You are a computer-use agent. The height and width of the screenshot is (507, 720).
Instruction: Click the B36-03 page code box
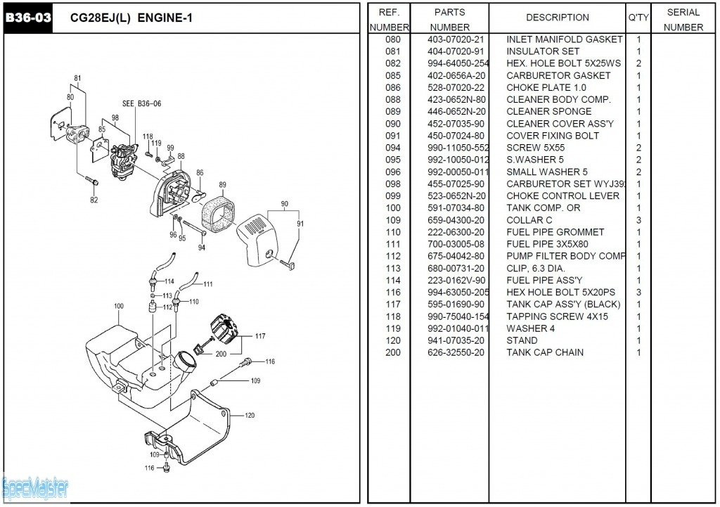(28, 18)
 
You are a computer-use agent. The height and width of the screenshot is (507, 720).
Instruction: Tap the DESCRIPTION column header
(557, 18)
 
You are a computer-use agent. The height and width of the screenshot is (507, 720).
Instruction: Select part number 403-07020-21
(456, 39)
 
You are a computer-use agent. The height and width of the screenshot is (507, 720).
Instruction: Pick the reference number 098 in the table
(392, 184)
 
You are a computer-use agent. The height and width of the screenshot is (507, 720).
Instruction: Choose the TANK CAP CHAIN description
(544, 352)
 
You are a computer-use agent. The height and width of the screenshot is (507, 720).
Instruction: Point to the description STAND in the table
(522, 340)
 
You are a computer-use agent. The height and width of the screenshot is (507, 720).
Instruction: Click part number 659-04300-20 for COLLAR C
(456, 220)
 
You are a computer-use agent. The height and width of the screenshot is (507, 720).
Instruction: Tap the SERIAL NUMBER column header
(683, 20)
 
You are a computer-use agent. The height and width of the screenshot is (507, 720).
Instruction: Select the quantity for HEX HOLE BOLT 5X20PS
(638, 293)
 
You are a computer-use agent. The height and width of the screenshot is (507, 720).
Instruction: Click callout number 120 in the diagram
(250, 416)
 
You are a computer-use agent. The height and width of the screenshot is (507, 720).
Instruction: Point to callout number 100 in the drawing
(118, 306)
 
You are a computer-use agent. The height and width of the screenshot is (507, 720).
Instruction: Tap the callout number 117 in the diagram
(260, 336)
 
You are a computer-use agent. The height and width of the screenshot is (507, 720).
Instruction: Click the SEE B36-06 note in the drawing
(141, 103)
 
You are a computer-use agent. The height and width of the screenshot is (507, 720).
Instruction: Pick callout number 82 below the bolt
(94, 200)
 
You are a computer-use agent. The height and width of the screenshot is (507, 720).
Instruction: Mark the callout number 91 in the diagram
(300, 224)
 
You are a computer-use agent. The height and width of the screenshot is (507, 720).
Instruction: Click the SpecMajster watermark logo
(35, 486)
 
